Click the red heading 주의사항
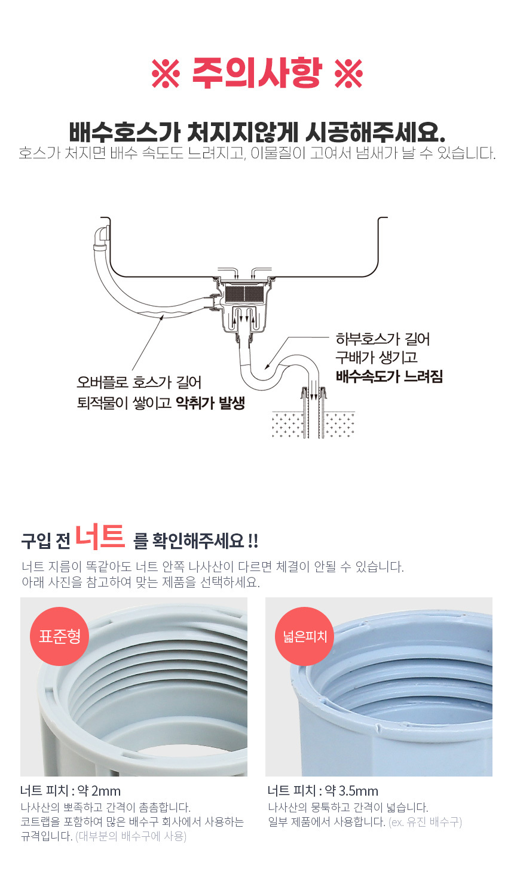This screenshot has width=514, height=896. coord(257,73)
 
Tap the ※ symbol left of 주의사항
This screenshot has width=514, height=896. coord(166,73)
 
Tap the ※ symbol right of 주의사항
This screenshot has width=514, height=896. coord(348,73)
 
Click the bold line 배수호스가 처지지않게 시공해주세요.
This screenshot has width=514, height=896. coord(257,132)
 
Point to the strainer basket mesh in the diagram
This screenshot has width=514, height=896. coord(245,293)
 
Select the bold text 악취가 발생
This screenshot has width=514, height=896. coord(210,403)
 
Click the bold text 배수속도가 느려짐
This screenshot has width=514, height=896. coord(389,376)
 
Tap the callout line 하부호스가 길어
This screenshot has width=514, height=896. coord(383,339)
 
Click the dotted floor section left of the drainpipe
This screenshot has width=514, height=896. coord(287,425)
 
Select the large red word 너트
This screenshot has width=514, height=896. coord(100,536)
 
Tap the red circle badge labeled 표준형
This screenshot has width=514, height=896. coord(59,636)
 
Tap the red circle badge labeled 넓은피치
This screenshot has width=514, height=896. coord(305,636)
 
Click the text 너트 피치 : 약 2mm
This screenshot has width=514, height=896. coord(71,790)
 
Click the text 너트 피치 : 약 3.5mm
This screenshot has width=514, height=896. coord(323,790)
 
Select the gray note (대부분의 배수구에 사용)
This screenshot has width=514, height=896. coord(131,836)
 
